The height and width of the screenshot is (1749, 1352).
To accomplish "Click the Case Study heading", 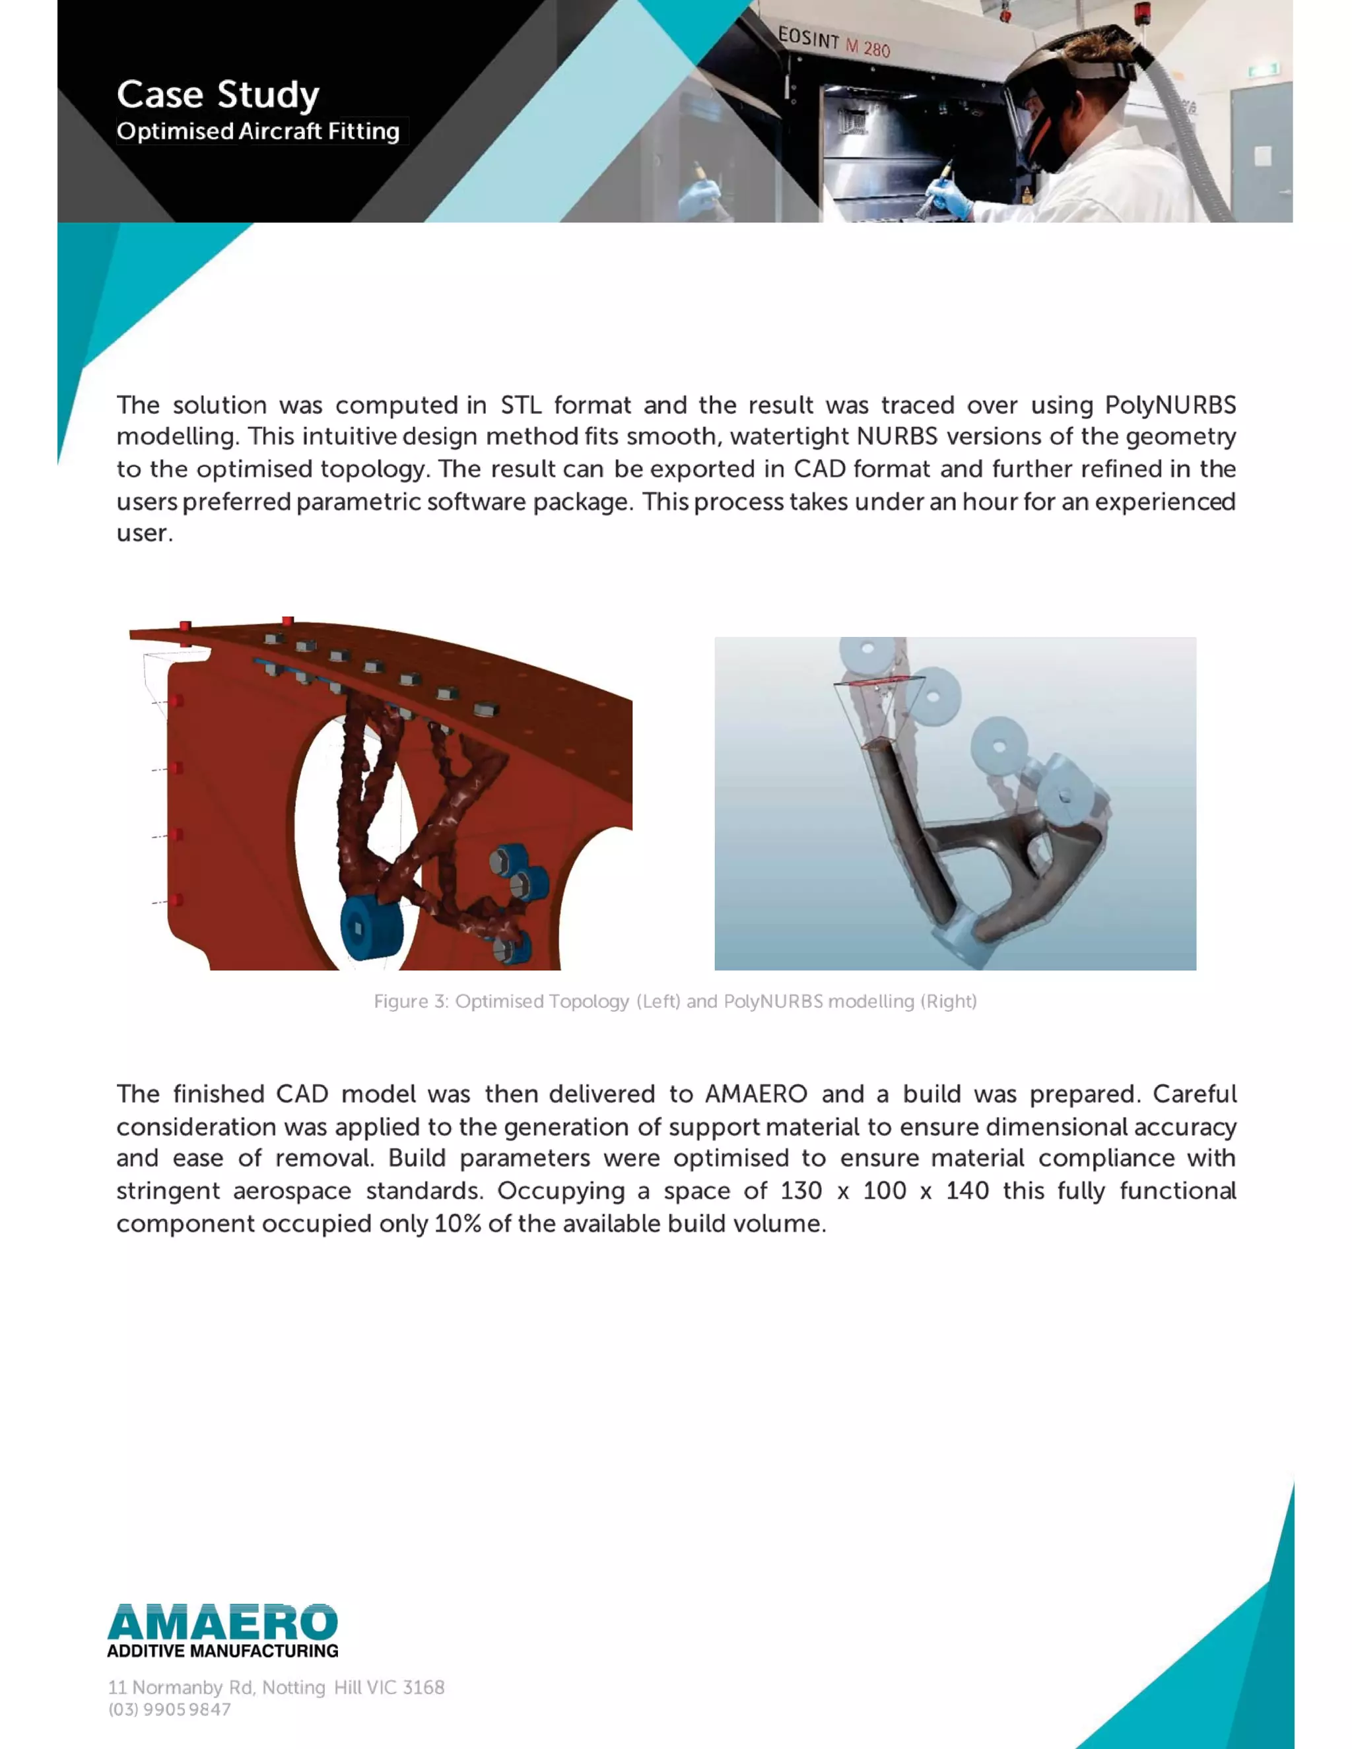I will point(218,94).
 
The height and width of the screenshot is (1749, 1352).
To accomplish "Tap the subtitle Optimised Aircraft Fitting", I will point(258,131).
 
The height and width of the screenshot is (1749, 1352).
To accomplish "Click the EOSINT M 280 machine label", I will point(833,42).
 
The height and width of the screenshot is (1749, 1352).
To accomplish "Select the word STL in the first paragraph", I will point(521,405).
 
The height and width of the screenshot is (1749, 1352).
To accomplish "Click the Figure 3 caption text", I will point(675,1001).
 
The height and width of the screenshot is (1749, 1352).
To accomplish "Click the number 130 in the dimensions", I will point(801,1191).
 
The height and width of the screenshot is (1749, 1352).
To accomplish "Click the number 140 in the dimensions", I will point(966,1191).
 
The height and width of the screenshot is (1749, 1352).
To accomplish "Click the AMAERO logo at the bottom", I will point(222,1622).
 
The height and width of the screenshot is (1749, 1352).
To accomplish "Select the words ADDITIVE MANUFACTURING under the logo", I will point(222,1651).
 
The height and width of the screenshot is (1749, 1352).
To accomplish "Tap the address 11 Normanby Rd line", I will point(277,1688).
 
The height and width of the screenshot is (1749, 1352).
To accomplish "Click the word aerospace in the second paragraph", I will point(292,1191).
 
